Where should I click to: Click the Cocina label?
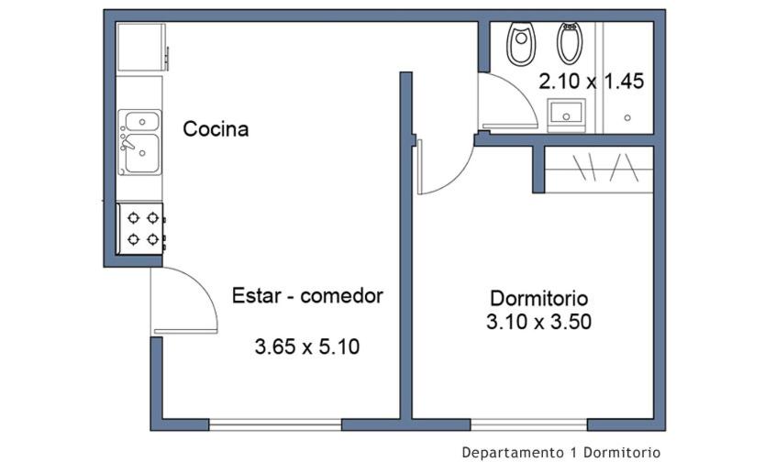[x=216, y=129]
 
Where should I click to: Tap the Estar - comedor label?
[x=307, y=296]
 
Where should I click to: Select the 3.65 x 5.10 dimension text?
[x=307, y=346]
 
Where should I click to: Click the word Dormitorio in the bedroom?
[x=539, y=298]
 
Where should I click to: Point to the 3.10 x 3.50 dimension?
[x=539, y=322]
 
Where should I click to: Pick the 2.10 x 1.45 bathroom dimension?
[x=592, y=82]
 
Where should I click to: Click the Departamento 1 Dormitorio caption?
[x=561, y=452]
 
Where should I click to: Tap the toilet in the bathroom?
[x=520, y=43]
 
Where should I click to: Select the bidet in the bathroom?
[x=571, y=43]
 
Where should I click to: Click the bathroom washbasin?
[x=566, y=115]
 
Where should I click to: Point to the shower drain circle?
[x=627, y=117]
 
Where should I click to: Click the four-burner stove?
[x=140, y=228]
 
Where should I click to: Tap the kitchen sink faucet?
[x=127, y=142]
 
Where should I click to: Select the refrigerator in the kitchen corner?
[x=141, y=48]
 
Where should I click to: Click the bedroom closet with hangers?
[x=599, y=170]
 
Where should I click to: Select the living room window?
[x=275, y=424]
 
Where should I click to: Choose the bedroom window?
[x=529, y=424]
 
